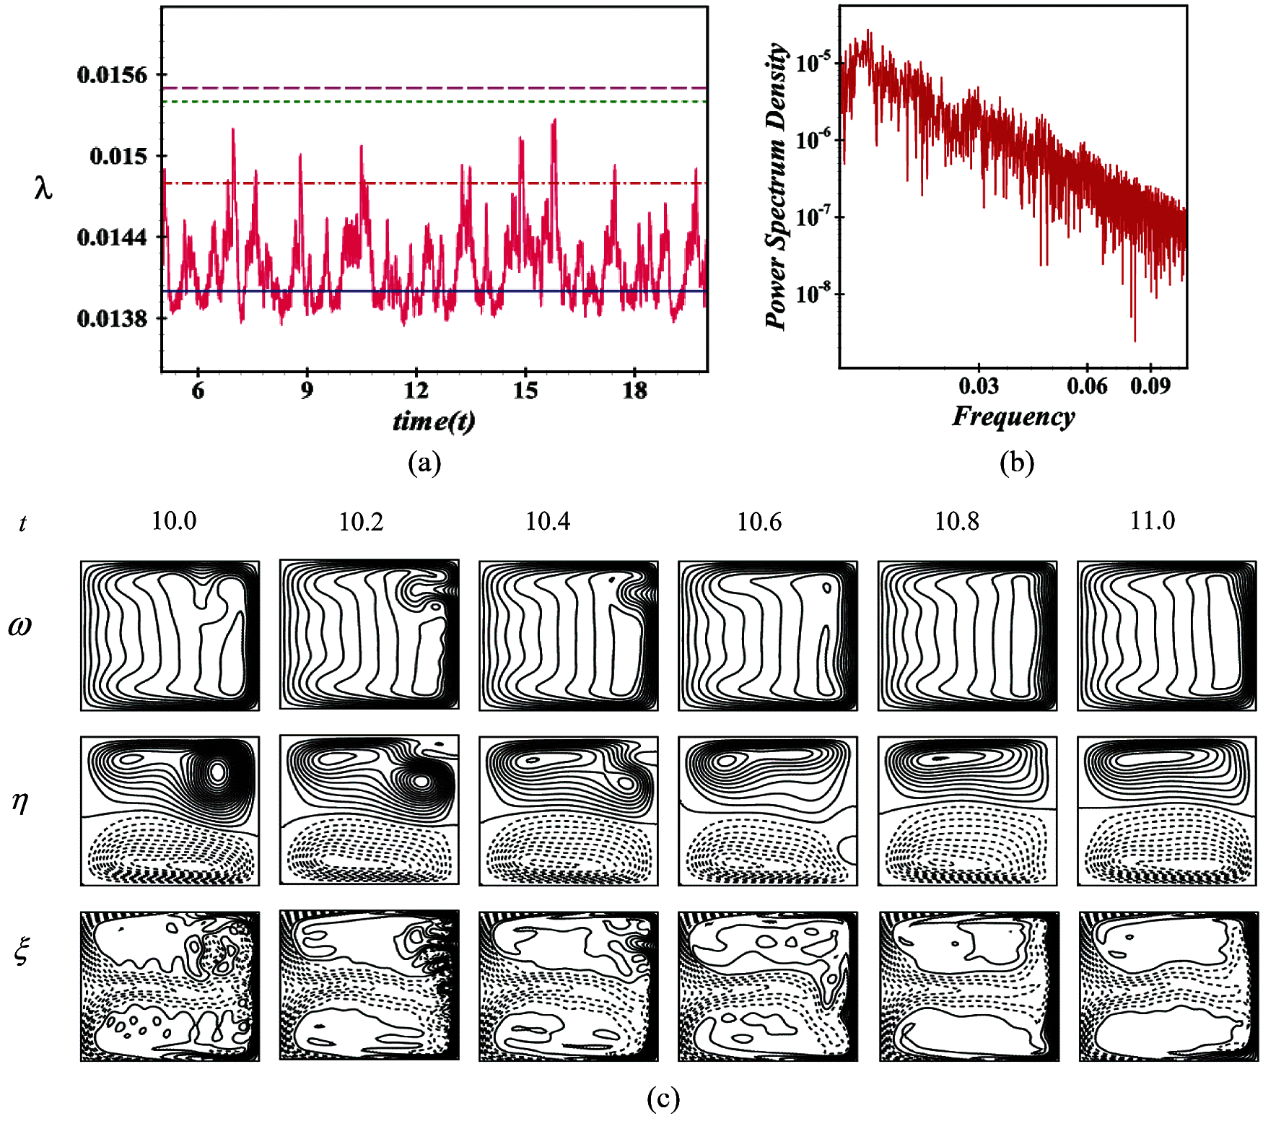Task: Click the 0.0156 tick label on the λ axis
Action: (112, 74)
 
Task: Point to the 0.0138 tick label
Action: (112, 318)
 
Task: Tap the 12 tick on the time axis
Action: (416, 391)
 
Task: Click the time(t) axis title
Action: (434, 421)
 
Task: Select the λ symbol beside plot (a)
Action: (43, 188)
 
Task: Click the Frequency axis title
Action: (1013, 416)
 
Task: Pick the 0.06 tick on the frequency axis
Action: (1087, 386)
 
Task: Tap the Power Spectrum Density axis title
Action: (777, 186)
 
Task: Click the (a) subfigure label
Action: (424, 462)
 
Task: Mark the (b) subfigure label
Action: (1017, 462)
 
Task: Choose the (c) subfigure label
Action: (663, 1099)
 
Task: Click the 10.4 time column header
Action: (548, 521)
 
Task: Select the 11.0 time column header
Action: (1153, 520)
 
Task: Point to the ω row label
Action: (20, 626)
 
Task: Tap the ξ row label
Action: (22, 951)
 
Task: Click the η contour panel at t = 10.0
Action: (170, 811)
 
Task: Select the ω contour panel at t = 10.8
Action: (967, 635)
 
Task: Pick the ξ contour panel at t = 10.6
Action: (768, 986)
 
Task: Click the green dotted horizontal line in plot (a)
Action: (433, 102)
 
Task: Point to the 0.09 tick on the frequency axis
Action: (1150, 386)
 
